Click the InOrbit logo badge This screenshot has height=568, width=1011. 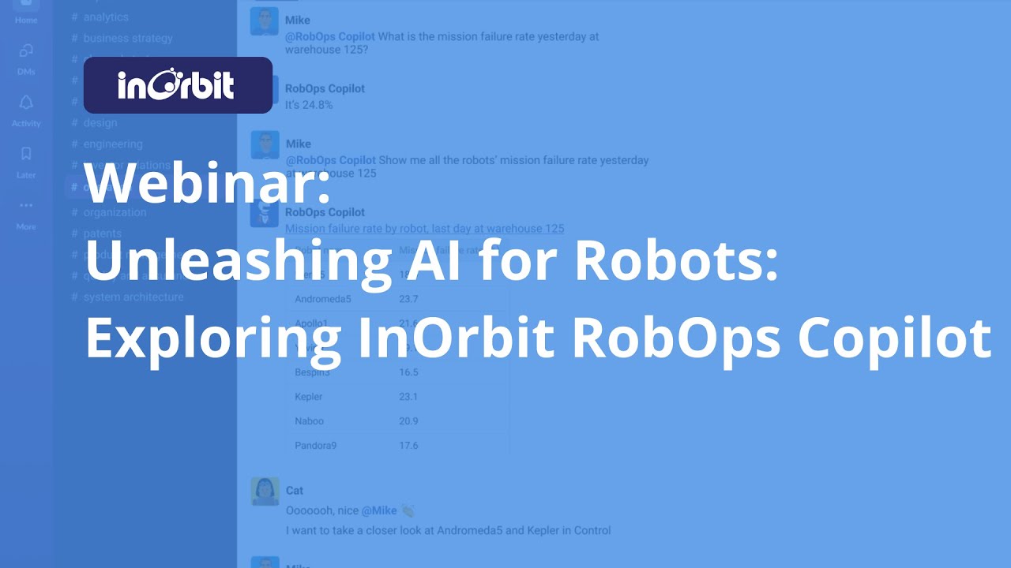(178, 85)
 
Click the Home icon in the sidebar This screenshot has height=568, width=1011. (26, 7)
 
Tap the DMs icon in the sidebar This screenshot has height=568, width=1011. (26, 52)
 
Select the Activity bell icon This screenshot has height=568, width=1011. (26, 103)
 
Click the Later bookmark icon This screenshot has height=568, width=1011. (26, 155)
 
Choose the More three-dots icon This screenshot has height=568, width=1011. (26, 206)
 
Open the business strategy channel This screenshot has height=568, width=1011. (127, 38)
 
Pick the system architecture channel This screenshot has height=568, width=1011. (133, 297)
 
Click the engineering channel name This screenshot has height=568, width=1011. (113, 144)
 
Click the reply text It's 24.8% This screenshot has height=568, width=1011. (309, 104)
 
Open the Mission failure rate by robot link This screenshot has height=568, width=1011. (424, 229)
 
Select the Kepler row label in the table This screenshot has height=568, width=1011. (309, 397)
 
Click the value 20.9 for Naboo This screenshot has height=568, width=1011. (408, 421)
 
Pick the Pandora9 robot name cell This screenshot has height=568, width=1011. (316, 446)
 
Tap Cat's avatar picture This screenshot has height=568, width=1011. (265, 491)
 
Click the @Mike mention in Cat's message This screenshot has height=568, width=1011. (379, 510)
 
